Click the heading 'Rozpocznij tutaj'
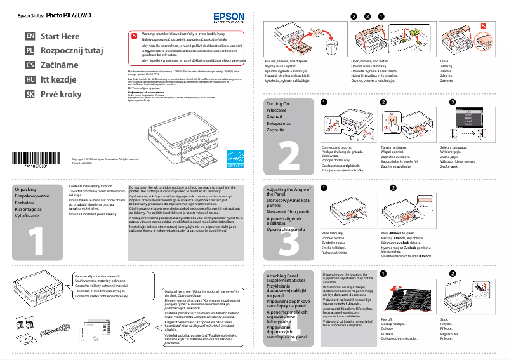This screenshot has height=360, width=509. pos(71,51)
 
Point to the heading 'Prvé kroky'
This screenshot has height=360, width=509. pos(61,94)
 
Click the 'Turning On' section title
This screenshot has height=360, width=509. pos(278,103)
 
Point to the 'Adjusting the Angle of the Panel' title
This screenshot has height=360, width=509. pos(288,193)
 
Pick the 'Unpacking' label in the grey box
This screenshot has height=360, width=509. pos(25,190)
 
